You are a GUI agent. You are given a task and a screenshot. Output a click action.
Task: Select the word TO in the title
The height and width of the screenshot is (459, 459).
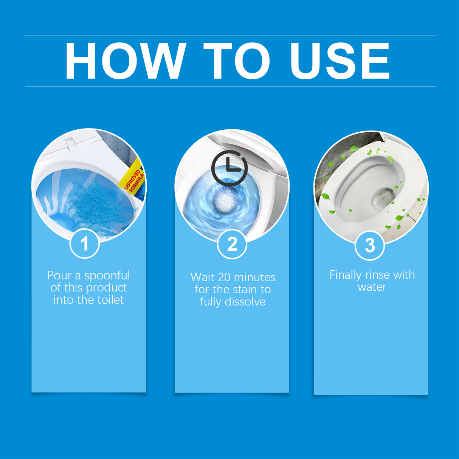click(x=237, y=61)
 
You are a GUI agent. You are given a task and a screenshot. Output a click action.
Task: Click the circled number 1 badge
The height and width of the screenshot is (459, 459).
click(x=85, y=243)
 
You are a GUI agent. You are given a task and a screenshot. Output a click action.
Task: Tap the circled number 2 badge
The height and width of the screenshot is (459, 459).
click(x=232, y=244)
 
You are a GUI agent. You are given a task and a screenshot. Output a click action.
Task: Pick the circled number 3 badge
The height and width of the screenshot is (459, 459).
click(x=370, y=245)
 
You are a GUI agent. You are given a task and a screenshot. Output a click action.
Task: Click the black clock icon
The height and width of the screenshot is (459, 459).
click(x=229, y=168)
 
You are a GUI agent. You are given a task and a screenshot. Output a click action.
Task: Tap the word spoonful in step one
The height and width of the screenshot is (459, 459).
click(x=107, y=275)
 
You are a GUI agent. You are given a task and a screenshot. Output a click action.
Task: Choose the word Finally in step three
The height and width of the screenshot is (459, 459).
click(x=345, y=275)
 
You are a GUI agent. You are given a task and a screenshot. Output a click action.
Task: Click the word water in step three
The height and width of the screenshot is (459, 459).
click(x=372, y=287)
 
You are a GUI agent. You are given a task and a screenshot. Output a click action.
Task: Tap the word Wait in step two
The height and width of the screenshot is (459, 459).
click(x=202, y=277)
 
